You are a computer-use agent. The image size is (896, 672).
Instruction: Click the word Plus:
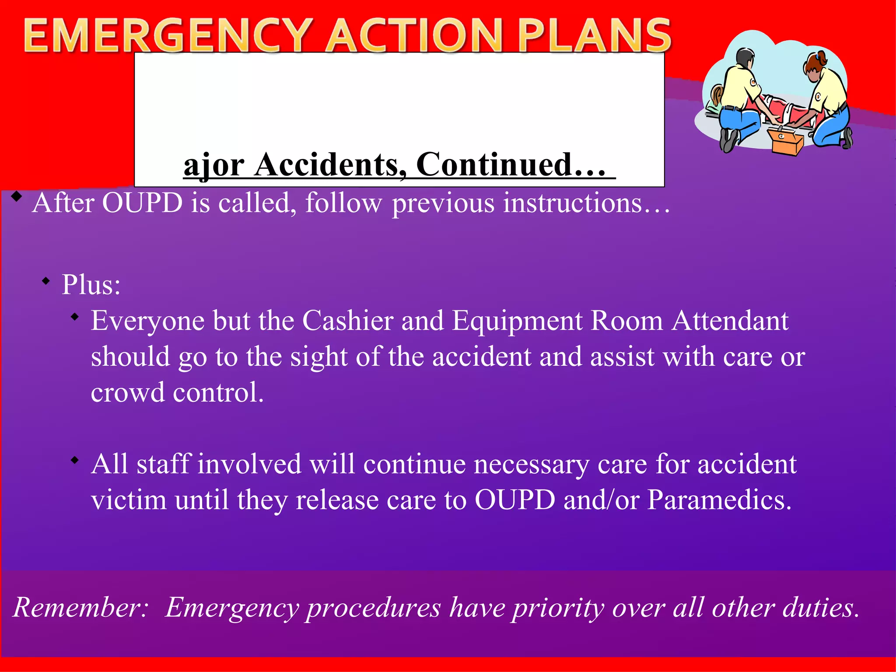point(91,285)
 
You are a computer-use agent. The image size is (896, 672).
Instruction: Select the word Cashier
point(348,321)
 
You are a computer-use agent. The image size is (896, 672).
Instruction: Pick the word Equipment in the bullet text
point(517,321)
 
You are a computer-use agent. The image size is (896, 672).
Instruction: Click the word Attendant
point(730,321)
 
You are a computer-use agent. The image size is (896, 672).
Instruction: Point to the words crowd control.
point(177,392)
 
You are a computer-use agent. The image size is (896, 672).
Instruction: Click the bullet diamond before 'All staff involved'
point(75,460)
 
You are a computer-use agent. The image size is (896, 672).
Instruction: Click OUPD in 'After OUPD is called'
point(142,203)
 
